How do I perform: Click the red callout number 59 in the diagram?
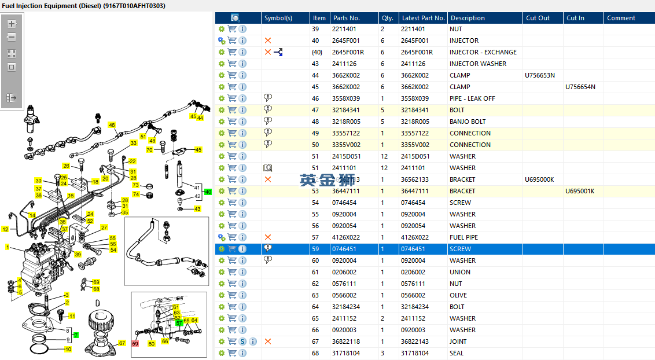click(x=135, y=343)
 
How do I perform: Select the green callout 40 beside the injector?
click(x=208, y=192)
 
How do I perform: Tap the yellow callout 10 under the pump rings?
click(x=68, y=349)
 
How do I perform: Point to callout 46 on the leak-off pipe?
click(x=112, y=124)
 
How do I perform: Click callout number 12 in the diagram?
click(x=5, y=229)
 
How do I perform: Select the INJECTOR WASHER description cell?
click(x=477, y=64)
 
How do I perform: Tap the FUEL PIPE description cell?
click(x=463, y=237)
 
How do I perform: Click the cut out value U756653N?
click(x=540, y=75)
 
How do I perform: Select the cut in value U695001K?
click(x=580, y=191)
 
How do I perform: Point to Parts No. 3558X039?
click(x=345, y=98)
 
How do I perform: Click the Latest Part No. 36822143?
click(x=415, y=341)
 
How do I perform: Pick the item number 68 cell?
click(x=315, y=353)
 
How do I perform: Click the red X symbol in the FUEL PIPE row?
click(x=267, y=237)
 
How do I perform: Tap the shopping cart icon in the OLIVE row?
click(x=232, y=295)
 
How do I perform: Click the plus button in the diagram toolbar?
click(x=12, y=24)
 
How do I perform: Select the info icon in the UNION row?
click(x=242, y=272)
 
